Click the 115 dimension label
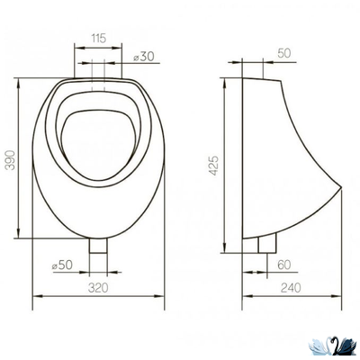[x=99, y=39]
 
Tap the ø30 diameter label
[x=144, y=56]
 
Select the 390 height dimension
[x=11, y=160]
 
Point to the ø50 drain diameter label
[x=62, y=265]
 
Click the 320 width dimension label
[x=98, y=288]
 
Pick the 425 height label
[x=213, y=166]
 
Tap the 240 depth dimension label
[x=291, y=288]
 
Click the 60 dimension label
[x=284, y=265]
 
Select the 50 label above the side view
[x=284, y=53]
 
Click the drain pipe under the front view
[x=98, y=246]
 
